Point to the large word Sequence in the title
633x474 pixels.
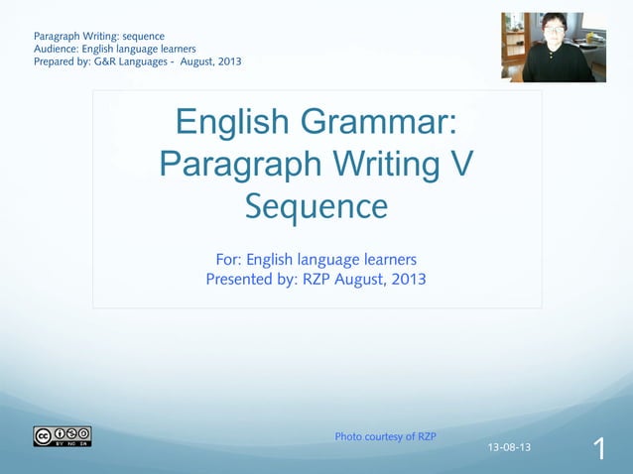click(x=316, y=206)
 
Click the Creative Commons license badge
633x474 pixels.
click(x=62, y=436)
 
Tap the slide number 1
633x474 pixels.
click(x=599, y=449)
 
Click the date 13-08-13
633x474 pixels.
click(x=509, y=447)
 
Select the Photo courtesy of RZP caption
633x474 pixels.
click(x=385, y=436)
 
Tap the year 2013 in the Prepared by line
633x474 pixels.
click(x=225, y=61)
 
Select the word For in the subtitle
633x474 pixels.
click(x=227, y=260)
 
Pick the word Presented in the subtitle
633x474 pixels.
click(x=241, y=279)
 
